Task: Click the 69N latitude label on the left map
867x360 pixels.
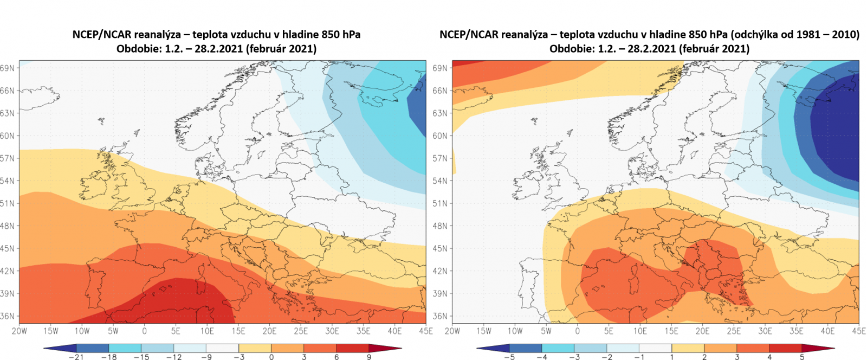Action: (8, 68)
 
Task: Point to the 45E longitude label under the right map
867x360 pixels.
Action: (859, 331)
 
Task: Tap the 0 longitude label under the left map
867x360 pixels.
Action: (144, 331)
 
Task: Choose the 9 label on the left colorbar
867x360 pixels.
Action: (369, 357)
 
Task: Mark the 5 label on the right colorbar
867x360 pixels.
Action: (802, 357)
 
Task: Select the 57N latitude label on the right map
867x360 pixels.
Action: (441, 158)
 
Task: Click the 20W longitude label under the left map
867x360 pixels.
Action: (20, 331)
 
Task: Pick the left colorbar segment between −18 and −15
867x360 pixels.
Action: (125, 348)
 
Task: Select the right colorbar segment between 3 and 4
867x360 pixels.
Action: (753, 348)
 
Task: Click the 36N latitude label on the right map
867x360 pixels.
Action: (441, 316)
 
